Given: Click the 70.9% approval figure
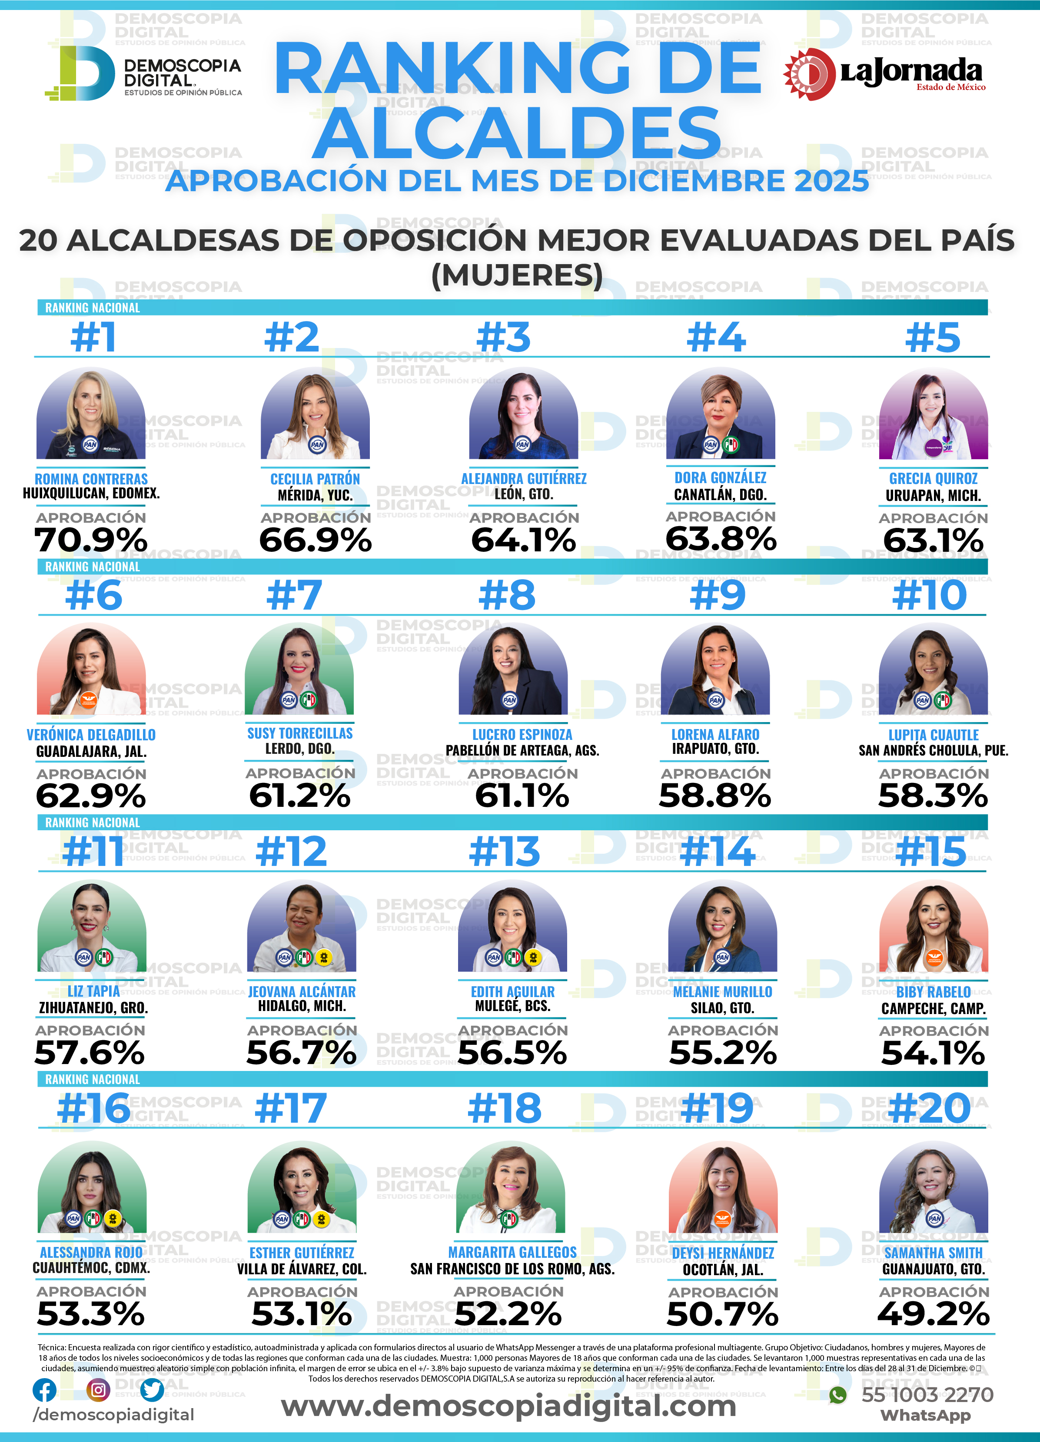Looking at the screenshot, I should tap(91, 540).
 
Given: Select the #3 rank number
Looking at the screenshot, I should tap(503, 337).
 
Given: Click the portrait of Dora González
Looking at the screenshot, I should tap(720, 414).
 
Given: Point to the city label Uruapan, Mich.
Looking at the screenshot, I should tap(933, 495).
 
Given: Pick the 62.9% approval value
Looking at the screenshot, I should tap(91, 796).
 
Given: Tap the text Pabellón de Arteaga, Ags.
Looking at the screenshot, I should tap(522, 750).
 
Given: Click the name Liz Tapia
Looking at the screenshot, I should tap(93, 991).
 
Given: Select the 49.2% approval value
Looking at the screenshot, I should tap(933, 1314).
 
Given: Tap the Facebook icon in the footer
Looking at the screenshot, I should tap(44, 1390).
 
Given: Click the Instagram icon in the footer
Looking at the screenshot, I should tap(98, 1390).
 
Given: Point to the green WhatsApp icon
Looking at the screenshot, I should tap(838, 1395).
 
